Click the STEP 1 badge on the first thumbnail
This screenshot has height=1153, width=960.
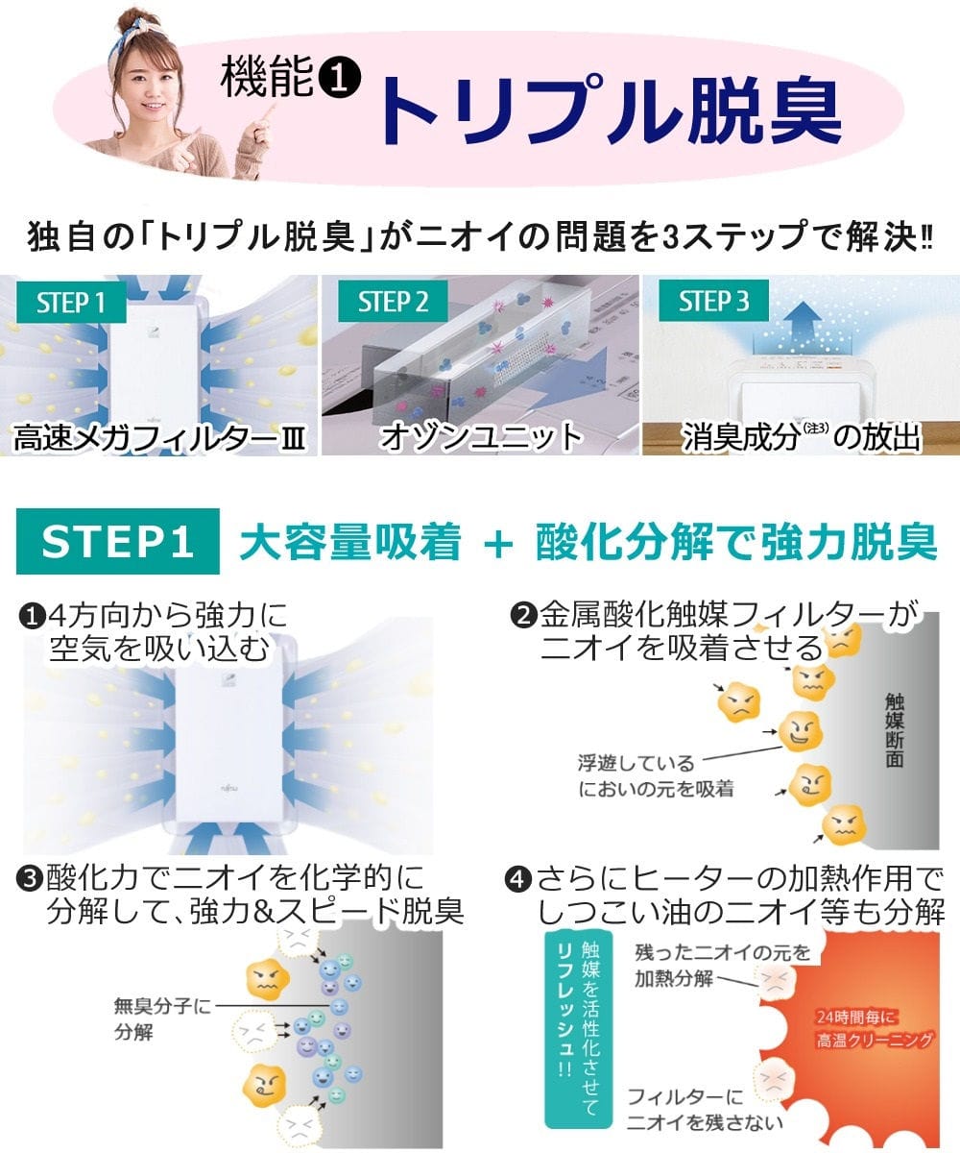[x=71, y=302]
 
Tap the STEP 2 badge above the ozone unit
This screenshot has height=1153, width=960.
[x=393, y=302]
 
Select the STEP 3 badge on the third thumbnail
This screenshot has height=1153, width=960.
[x=713, y=301]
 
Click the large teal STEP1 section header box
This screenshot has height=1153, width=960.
[x=117, y=542]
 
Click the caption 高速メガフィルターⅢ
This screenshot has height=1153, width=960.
[x=159, y=438]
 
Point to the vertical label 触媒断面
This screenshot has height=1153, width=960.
[x=895, y=729]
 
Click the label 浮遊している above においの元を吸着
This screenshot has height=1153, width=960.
[x=636, y=764]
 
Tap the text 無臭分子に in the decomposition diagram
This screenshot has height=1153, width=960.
[x=162, y=1006]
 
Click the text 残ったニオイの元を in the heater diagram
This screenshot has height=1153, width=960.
[x=723, y=952]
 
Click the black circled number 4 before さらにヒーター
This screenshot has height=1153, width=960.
[x=517, y=880]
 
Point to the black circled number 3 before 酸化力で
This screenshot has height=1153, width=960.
[x=30, y=880]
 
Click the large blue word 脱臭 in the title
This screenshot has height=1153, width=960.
[x=766, y=110]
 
